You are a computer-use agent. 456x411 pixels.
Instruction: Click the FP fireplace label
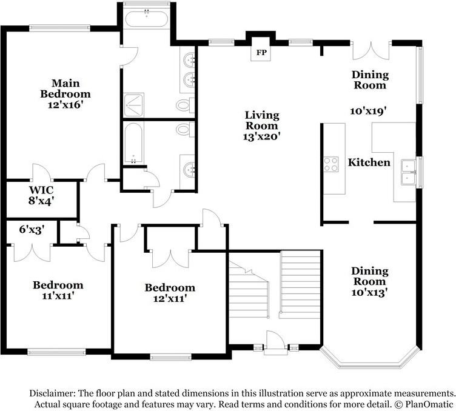click(x=261, y=53)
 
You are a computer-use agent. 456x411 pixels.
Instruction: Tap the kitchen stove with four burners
click(x=331, y=164)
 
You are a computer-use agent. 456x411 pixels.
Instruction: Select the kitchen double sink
click(x=409, y=172)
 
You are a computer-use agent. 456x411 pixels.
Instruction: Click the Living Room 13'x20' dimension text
click(x=261, y=136)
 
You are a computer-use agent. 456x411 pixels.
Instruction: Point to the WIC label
click(x=41, y=190)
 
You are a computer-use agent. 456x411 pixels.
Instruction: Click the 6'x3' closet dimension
click(x=32, y=230)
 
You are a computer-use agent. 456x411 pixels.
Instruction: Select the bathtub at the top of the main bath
click(x=147, y=19)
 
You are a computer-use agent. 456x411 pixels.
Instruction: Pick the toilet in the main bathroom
click(x=186, y=105)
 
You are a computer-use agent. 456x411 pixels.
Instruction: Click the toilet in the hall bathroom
click(x=186, y=129)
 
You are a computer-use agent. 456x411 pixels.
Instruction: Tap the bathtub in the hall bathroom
click(x=133, y=142)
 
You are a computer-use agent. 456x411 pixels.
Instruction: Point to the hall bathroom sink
click(x=189, y=169)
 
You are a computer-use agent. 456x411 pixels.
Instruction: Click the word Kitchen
click(x=369, y=162)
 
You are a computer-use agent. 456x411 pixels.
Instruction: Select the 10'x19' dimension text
click(x=368, y=111)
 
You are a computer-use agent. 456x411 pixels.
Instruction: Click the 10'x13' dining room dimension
click(x=369, y=292)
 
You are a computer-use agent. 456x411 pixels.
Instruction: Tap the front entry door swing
click(x=275, y=340)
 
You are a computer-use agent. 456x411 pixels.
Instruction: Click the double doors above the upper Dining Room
click(x=371, y=51)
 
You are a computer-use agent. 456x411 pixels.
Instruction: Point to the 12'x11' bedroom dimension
click(x=170, y=298)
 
